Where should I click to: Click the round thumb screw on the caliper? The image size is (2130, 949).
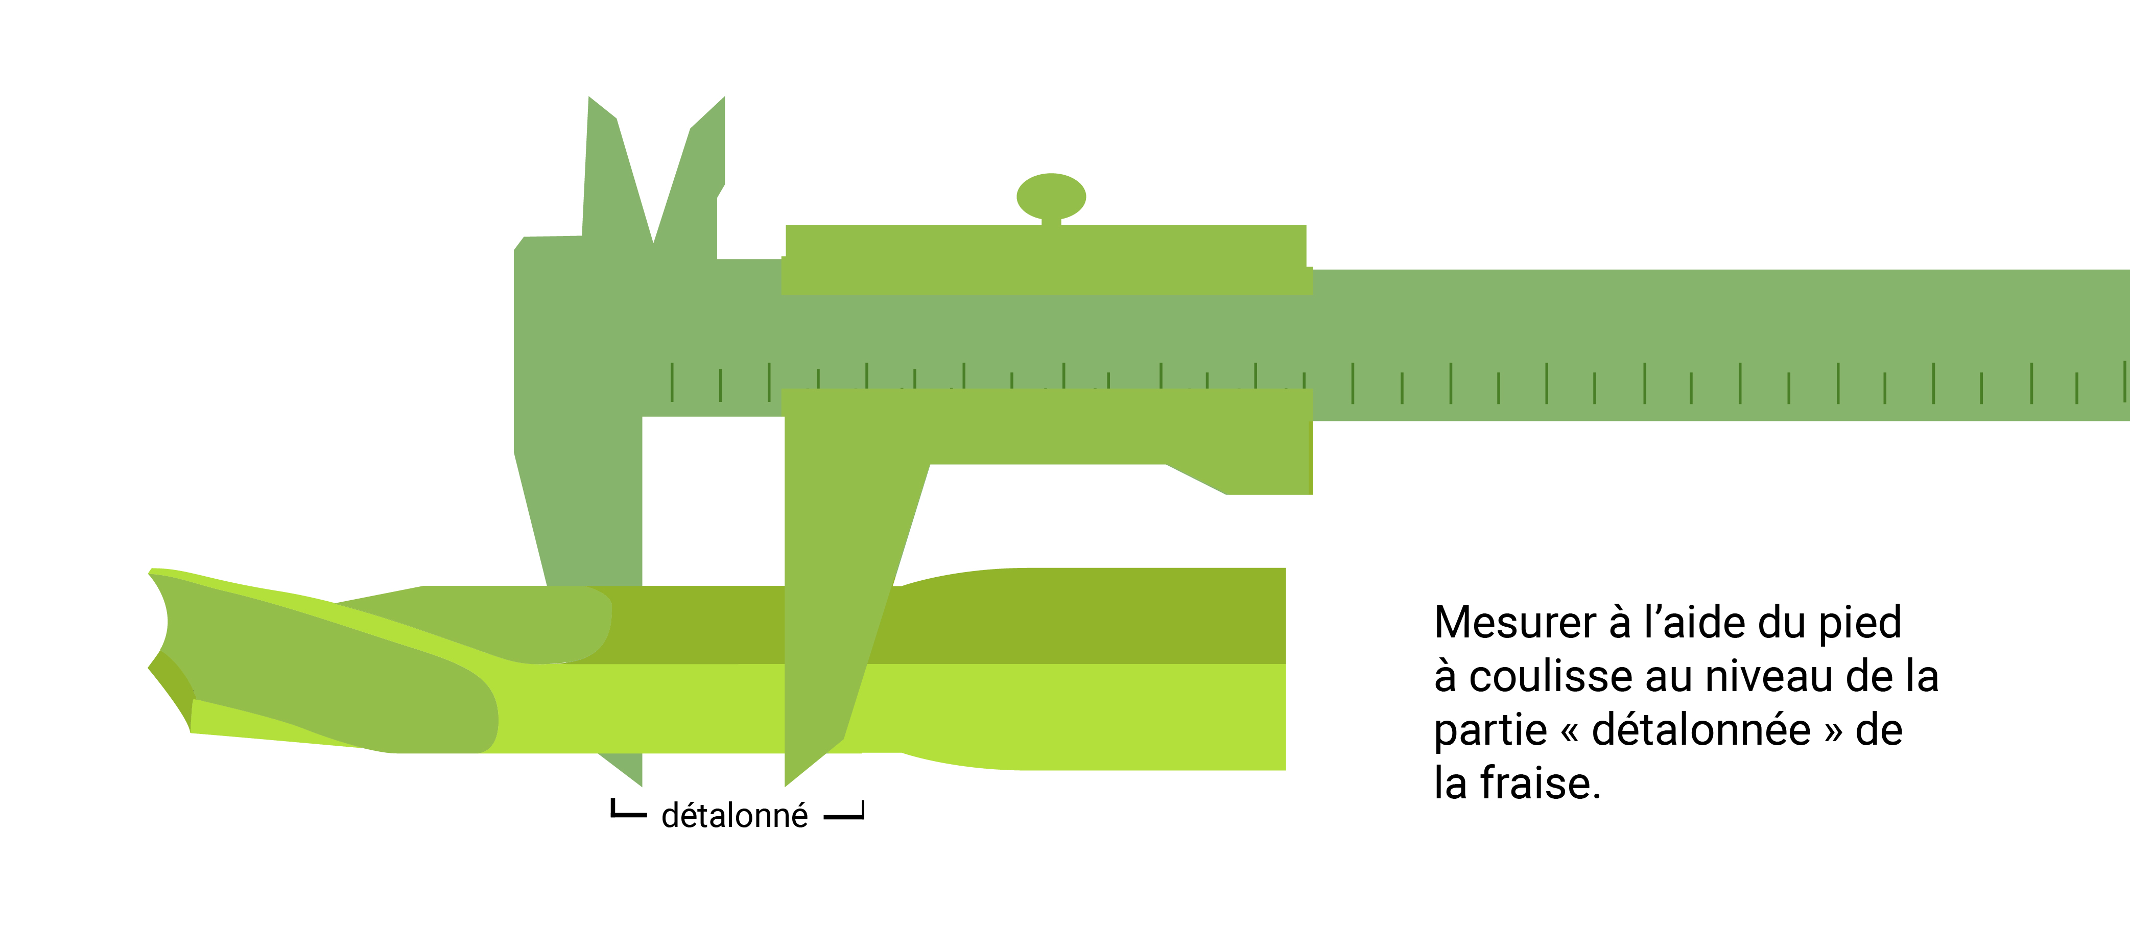tap(1051, 196)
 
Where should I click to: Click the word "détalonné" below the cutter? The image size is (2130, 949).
tap(734, 816)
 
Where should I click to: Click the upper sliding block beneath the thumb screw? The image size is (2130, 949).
tap(1046, 259)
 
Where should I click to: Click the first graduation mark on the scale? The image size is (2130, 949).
tap(671, 382)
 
